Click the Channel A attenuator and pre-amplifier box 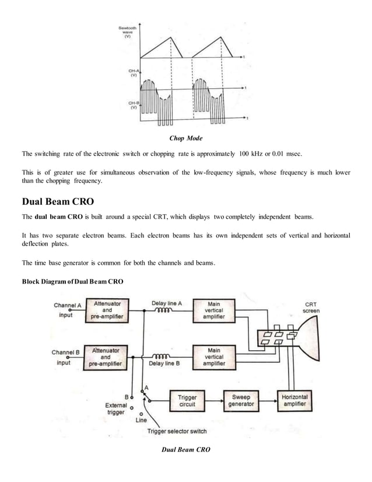tap(107, 310)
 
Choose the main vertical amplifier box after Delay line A tap(213, 310)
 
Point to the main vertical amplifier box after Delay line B tap(213, 357)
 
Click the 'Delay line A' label tap(167, 303)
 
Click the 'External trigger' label tap(116, 408)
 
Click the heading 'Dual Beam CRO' tap(58, 202)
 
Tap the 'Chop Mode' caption tap(185, 138)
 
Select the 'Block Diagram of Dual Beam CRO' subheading tap(72, 282)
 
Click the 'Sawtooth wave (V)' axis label tap(125, 32)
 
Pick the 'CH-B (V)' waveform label tap(133, 104)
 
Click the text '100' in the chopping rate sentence tap(244, 154)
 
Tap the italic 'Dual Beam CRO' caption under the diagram tap(185, 449)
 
